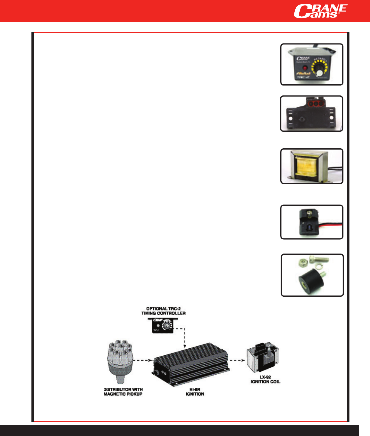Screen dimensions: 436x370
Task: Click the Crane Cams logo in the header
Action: click(x=320, y=11)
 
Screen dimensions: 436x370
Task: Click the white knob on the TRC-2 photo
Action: click(x=320, y=73)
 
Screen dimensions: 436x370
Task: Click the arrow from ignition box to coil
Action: click(x=237, y=360)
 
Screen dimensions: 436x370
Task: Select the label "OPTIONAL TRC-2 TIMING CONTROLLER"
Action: click(x=164, y=311)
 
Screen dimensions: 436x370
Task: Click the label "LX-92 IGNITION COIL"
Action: click(x=265, y=379)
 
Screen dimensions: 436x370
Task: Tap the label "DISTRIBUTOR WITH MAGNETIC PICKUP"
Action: click(x=123, y=392)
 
